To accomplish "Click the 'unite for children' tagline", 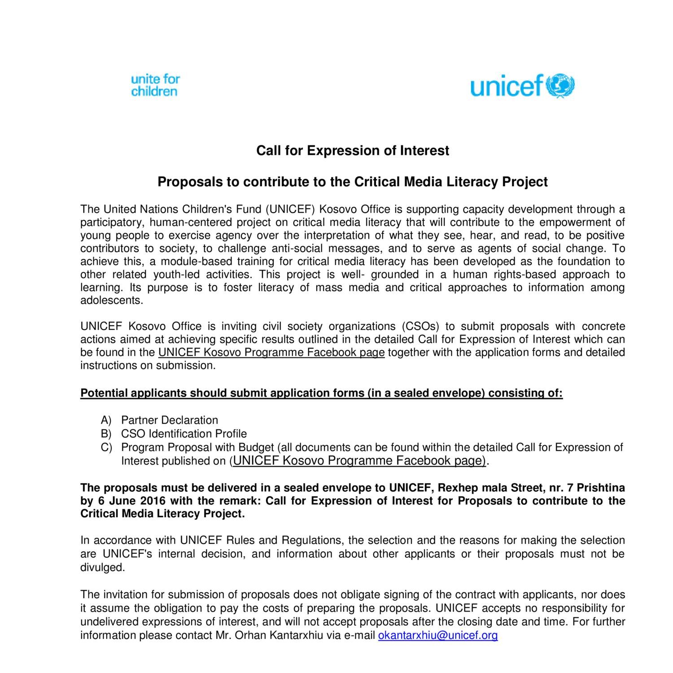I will click(155, 86).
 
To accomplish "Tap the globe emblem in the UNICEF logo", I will click(560, 85).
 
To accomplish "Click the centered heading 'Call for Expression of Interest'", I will click(352, 151).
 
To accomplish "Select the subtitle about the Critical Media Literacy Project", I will click(352, 182).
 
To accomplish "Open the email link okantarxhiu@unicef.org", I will click(438, 635).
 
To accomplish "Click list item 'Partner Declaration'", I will click(169, 420).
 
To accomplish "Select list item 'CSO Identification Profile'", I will click(184, 434).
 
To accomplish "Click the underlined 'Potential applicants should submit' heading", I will click(321, 393).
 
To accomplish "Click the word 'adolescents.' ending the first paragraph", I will click(112, 301).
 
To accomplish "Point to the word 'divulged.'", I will click(102, 568).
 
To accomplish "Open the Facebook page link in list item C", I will click(359, 461).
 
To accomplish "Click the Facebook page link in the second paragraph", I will click(271, 353).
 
